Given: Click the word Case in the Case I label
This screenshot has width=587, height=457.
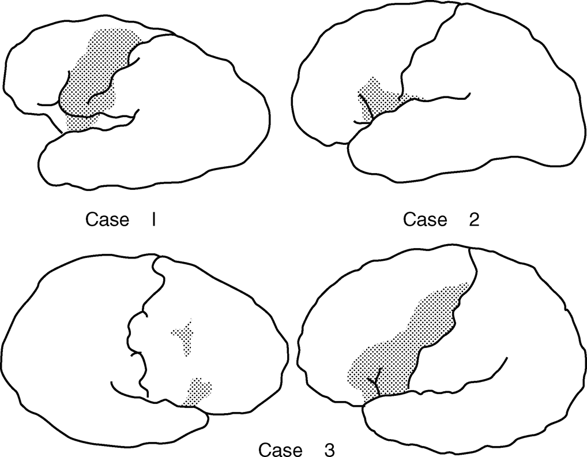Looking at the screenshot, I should click(107, 220).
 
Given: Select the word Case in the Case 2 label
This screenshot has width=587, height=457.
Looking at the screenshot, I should click(425, 220).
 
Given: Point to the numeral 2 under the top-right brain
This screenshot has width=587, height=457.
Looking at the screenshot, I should click(474, 220).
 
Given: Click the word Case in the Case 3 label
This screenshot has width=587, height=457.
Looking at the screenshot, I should click(280, 449).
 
